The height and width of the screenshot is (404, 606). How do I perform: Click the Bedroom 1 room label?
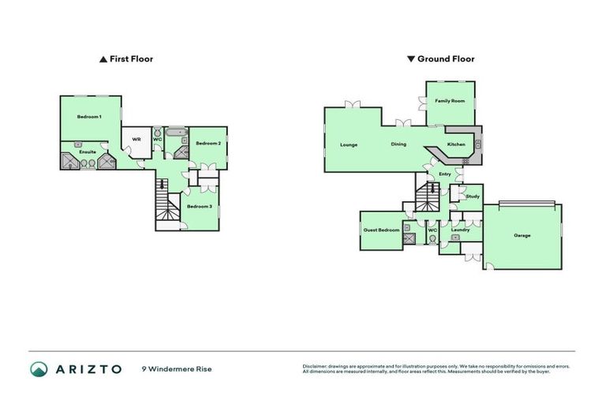pyautogui.click(x=89, y=117)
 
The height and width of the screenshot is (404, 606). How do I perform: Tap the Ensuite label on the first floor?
pyautogui.click(x=88, y=151)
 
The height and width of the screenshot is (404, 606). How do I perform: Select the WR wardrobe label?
pyautogui.click(x=137, y=140)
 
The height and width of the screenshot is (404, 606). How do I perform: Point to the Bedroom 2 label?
pyautogui.click(x=208, y=143)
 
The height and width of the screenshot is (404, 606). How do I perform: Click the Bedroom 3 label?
pyautogui.click(x=198, y=207)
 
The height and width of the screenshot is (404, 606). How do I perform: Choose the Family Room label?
pyautogui.click(x=451, y=102)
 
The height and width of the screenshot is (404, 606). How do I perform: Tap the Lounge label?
pyautogui.click(x=349, y=145)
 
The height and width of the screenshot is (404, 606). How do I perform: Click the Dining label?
pyautogui.click(x=398, y=145)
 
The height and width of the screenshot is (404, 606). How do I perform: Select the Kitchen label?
pyautogui.click(x=457, y=145)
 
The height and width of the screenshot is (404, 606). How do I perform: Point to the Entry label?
pyautogui.click(x=445, y=174)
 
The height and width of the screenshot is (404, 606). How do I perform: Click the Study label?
pyautogui.click(x=473, y=196)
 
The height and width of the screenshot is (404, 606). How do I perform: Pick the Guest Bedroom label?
pyautogui.click(x=382, y=230)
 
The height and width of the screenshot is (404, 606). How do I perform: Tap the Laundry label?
pyautogui.click(x=461, y=230)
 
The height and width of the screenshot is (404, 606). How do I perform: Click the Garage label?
pyautogui.click(x=522, y=235)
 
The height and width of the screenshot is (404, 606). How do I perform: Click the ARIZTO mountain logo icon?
pyautogui.click(x=39, y=368)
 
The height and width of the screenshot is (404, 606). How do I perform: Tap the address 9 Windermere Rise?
pyautogui.click(x=177, y=369)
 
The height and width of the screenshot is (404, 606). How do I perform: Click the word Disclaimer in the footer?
pyautogui.click(x=316, y=366)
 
